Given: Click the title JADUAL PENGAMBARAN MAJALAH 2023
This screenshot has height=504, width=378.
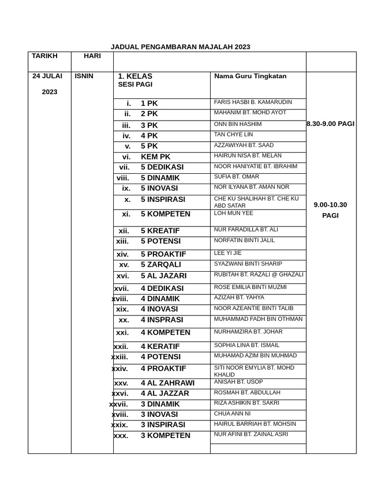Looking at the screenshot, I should (x=180, y=47).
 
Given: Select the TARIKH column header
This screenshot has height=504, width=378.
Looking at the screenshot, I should (x=44, y=56).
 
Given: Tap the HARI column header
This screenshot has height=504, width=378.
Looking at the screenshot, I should (x=92, y=56).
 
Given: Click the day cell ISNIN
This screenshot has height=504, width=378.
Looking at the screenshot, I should (x=84, y=76).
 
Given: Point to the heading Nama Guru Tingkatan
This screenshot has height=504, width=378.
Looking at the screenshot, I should (x=250, y=76).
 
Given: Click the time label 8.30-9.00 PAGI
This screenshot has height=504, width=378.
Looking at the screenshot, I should (x=330, y=124).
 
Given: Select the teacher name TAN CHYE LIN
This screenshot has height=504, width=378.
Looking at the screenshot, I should (x=233, y=135).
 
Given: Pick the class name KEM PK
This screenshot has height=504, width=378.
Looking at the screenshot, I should (x=156, y=157).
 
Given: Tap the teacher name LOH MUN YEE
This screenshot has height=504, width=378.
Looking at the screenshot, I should (x=233, y=213).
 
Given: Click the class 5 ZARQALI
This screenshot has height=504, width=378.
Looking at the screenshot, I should (x=160, y=264).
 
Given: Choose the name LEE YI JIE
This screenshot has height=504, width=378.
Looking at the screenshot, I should (x=227, y=253).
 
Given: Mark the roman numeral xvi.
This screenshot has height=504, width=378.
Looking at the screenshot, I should (x=123, y=276).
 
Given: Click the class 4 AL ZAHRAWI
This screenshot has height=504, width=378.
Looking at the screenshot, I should (x=167, y=383).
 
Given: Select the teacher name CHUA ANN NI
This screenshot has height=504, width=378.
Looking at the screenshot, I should (x=232, y=414).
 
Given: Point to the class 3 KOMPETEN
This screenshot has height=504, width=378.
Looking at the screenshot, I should (x=165, y=436).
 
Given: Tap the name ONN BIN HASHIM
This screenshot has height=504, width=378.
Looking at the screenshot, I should (x=238, y=125).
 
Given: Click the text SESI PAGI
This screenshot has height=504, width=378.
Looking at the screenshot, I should (x=135, y=85).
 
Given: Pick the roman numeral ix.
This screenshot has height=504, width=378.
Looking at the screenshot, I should (x=126, y=188).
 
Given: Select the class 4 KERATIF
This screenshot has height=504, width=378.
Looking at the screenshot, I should (x=160, y=346).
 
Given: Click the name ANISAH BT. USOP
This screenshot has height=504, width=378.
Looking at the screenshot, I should (x=238, y=382).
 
